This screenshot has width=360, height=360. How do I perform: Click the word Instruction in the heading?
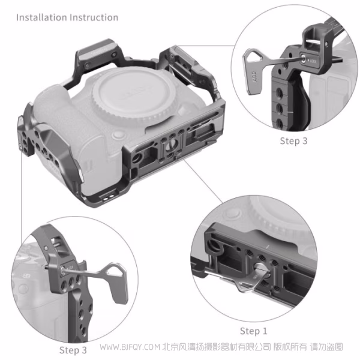tap(93, 17)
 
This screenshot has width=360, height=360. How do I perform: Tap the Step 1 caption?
tap(254, 331)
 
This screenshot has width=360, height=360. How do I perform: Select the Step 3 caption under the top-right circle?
tap(294, 141)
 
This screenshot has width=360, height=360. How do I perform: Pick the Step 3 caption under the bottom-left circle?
tap(73, 349)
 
